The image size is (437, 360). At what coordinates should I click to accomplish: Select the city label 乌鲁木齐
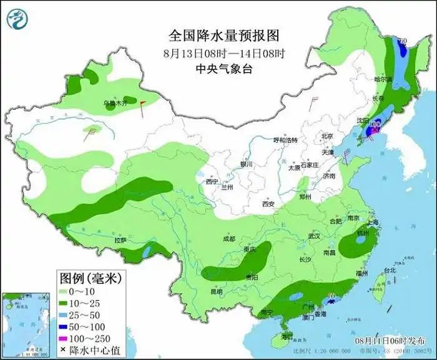pyautogui.click(x=115, y=102)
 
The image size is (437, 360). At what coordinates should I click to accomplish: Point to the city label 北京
pyautogui.click(x=327, y=136)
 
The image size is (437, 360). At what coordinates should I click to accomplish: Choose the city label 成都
pyautogui.click(x=228, y=239)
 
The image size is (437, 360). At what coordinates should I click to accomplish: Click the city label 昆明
pyautogui.click(x=216, y=291)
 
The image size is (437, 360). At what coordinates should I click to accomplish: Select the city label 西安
pyautogui.click(x=268, y=204)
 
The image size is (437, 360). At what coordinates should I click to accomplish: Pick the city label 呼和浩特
pyautogui.click(x=287, y=140)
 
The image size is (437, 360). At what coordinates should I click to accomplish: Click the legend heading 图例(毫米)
pyautogui.click(x=90, y=276)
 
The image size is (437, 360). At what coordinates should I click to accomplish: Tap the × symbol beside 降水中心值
pyautogui.click(x=63, y=349)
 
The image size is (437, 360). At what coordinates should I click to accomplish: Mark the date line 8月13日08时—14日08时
pyautogui.click(x=215, y=52)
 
